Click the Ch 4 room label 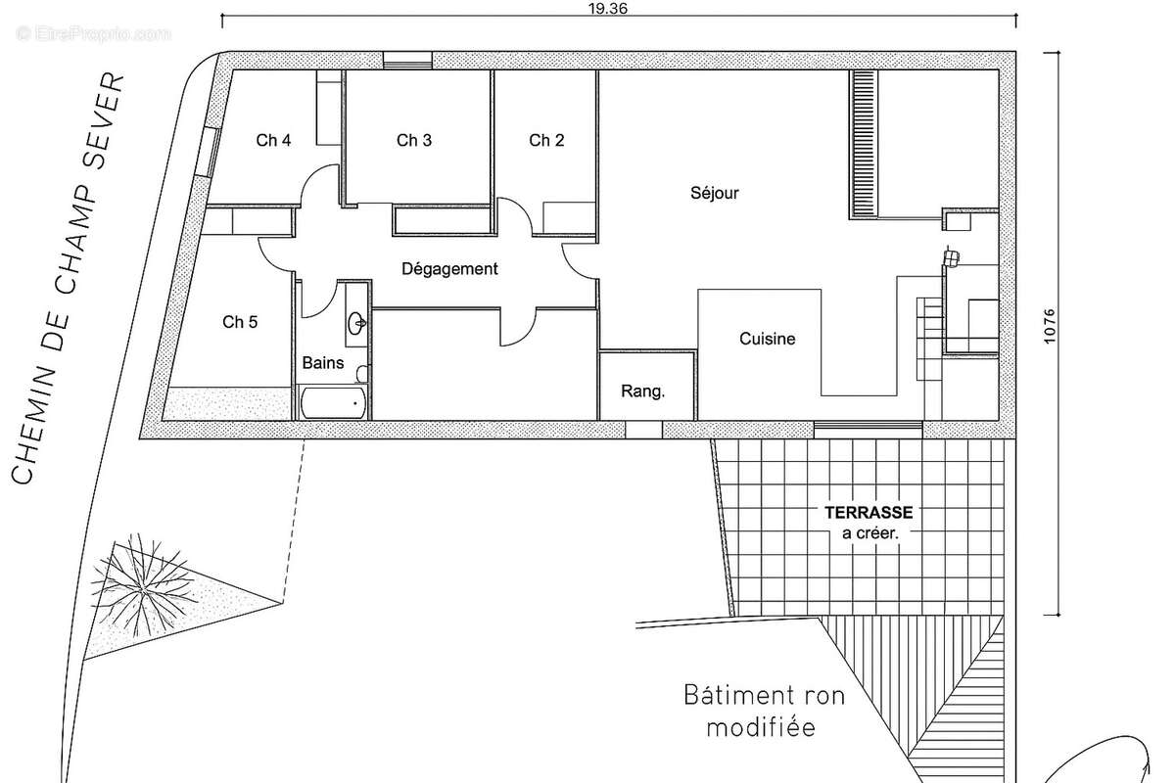coord(273,140)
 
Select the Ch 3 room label coord(414,140)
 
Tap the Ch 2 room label coord(546,140)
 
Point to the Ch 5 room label coord(240,322)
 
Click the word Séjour coord(715,193)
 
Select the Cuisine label coord(767,340)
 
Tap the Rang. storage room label coord(643,391)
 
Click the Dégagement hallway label coord(450,268)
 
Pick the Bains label coord(323,362)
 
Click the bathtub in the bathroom coord(333,402)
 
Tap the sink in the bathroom coord(357,320)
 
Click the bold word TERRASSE coord(869,512)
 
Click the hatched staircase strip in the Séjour coord(863,144)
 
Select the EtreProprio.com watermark coord(94,34)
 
